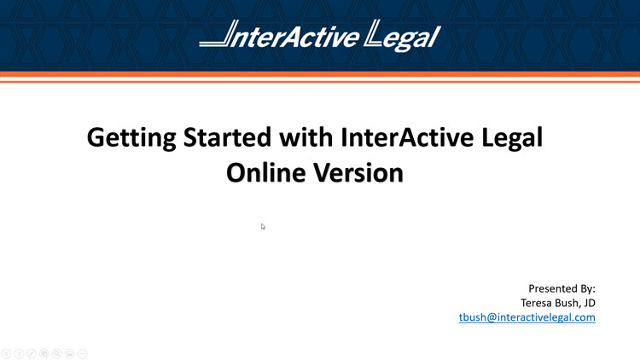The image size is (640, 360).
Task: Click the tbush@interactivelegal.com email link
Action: click(527, 317)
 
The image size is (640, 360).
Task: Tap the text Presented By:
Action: click(561, 288)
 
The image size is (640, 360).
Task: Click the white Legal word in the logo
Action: click(402, 36)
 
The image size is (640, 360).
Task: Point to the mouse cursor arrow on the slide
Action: click(263, 226)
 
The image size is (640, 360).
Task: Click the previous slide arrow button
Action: click(6, 352)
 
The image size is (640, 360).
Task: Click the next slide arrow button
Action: click(19, 352)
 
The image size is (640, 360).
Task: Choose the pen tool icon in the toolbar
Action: click(32, 352)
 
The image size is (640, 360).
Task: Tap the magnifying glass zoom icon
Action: click(57, 352)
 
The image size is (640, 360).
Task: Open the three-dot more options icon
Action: click(83, 352)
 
